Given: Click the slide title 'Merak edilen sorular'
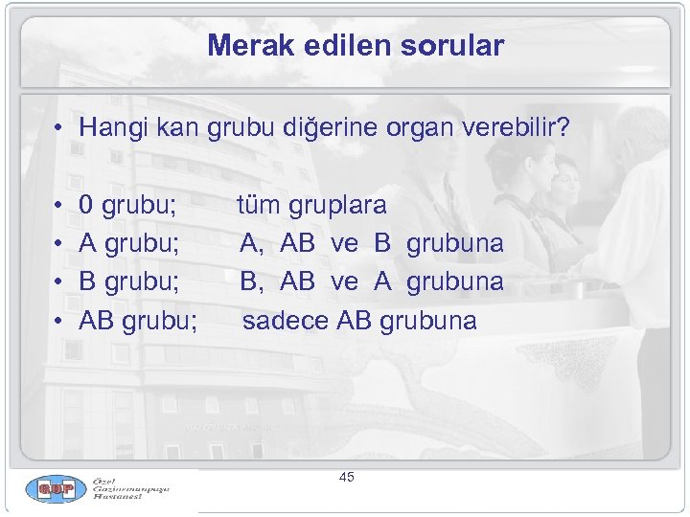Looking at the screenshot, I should tap(355, 45).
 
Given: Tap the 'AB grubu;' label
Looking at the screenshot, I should tap(139, 320).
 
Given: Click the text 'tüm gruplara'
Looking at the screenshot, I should tap(312, 205).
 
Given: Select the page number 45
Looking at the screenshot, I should tap(346, 477).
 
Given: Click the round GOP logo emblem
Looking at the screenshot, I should tap(56, 490).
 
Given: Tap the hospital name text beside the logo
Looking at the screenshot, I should tap(130, 490).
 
